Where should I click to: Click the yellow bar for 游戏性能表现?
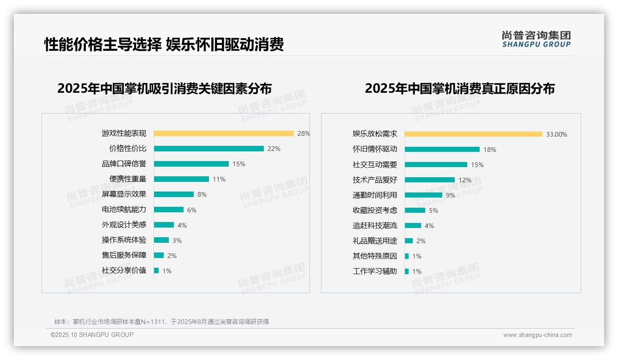(x=224, y=133)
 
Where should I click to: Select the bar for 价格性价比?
(x=208, y=149)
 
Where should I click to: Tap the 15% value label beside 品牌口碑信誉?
(x=239, y=164)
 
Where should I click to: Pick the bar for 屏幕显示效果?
(x=174, y=194)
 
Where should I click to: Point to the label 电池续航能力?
(x=124, y=210)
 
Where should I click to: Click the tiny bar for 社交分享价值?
(x=156, y=270)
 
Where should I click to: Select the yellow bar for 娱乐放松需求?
(x=474, y=134)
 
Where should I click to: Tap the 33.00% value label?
(x=557, y=134)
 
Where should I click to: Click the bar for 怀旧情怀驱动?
(x=442, y=150)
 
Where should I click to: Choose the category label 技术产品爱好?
(x=375, y=180)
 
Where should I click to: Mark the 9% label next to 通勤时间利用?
(x=451, y=195)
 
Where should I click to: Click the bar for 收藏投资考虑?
(x=415, y=210)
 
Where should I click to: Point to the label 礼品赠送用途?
(x=375, y=241)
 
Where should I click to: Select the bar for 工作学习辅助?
(x=407, y=271)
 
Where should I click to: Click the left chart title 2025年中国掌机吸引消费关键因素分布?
(x=165, y=88)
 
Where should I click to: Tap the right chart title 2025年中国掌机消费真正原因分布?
(x=460, y=88)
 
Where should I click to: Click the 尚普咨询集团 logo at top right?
(x=536, y=39)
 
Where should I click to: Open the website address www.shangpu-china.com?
(x=537, y=335)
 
